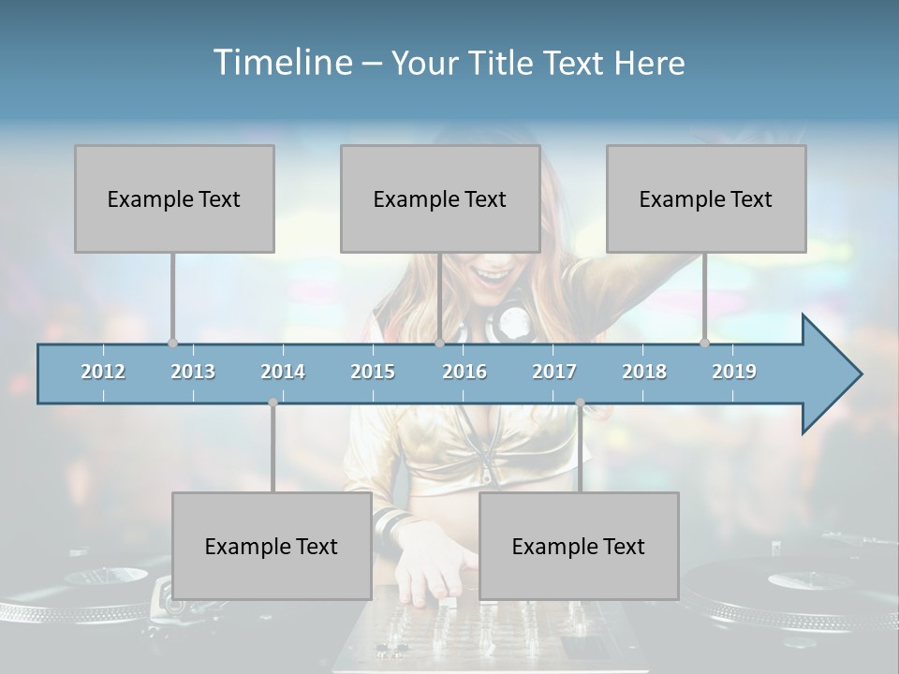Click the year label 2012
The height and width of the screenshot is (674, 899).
[103, 372]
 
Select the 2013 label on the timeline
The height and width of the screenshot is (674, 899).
[193, 372]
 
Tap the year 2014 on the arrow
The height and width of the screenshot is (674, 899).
[283, 372]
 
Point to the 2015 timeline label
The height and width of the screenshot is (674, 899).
[373, 372]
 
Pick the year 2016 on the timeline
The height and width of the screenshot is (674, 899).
[464, 372]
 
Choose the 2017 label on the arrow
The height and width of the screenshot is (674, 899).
[554, 372]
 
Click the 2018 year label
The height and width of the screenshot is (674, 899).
[644, 372]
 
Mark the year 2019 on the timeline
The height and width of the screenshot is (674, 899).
[734, 372]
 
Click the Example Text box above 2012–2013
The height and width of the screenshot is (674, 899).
[174, 198]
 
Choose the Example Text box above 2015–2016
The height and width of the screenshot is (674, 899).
[440, 198]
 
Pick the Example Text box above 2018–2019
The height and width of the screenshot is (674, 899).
[706, 198]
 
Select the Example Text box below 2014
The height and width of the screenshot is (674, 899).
[272, 546]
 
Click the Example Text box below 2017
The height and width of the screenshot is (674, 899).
[579, 546]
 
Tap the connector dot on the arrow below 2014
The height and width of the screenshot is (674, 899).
[273, 403]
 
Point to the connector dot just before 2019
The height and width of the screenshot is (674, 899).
[705, 343]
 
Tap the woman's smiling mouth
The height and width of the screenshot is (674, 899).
[488, 274]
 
